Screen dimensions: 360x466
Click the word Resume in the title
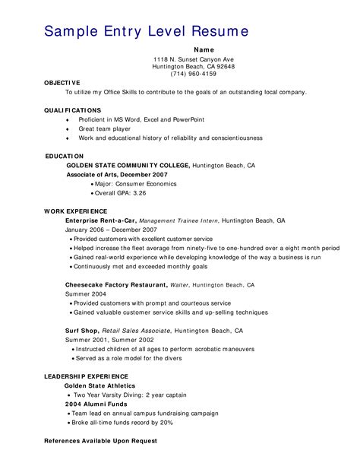[x=219, y=31]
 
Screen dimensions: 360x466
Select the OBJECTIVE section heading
[x=62, y=82]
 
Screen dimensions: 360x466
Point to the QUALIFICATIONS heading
[x=72, y=110]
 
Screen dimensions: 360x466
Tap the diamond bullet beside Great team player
[x=68, y=129]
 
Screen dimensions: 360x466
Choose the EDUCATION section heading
[x=65, y=156]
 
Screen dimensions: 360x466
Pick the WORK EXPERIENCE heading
[x=75, y=211]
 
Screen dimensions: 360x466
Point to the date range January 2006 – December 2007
[x=111, y=229]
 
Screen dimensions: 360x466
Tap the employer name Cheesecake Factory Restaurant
[x=116, y=284]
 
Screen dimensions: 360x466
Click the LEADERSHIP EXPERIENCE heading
[x=86, y=376]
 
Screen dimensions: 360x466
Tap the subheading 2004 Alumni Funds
[x=95, y=404]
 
